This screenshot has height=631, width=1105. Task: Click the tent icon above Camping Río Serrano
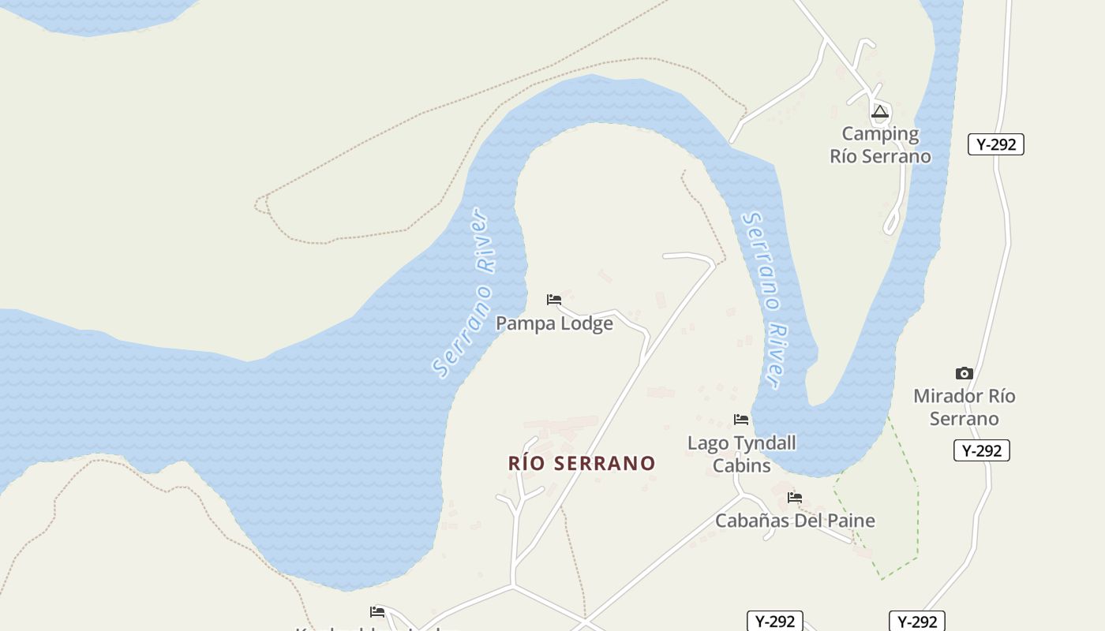pyautogui.click(x=880, y=111)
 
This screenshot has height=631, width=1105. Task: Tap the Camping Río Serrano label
pyautogui.click(x=880, y=145)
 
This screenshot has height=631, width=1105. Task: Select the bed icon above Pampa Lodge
pyautogui.click(x=554, y=300)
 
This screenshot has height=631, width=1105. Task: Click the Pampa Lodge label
pyautogui.click(x=554, y=323)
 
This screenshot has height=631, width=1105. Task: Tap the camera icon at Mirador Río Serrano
pyautogui.click(x=964, y=373)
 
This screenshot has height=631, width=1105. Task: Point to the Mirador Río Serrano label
pyautogui.click(x=964, y=407)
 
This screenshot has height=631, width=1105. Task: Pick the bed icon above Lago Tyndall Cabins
pyautogui.click(x=740, y=419)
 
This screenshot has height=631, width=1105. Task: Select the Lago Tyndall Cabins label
pyautogui.click(x=742, y=454)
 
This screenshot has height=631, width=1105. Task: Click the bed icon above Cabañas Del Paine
pyautogui.click(x=795, y=498)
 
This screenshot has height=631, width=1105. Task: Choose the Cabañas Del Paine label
pyautogui.click(x=795, y=521)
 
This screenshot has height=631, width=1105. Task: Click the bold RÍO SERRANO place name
pyautogui.click(x=582, y=463)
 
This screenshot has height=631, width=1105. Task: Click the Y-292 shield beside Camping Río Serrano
pyautogui.click(x=995, y=144)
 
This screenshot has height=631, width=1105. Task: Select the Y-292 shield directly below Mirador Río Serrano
pyautogui.click(x=981, y=450)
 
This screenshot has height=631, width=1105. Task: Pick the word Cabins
pyautogui.click(x=742, y=465)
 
